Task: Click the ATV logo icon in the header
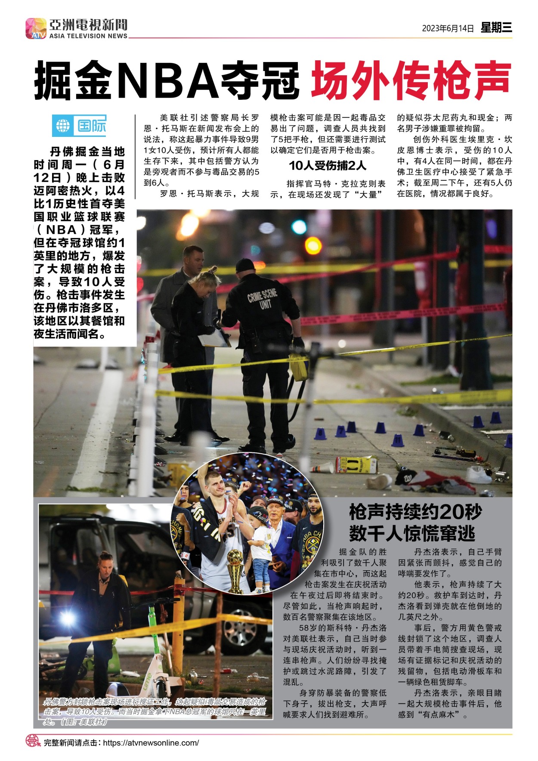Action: point(36,28)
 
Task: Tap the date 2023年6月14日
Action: point(448,28)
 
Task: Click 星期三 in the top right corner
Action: point(496,28)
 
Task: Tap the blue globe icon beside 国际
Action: point(63,126)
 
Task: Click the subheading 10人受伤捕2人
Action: point(328,165)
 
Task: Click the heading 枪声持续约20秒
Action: point(415,512)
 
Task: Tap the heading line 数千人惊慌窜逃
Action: point(412,534)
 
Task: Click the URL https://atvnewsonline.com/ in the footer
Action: point(151,742)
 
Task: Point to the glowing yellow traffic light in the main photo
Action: point(313,245)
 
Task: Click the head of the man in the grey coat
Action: point(193,257)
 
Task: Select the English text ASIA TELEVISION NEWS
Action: point(88,36)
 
